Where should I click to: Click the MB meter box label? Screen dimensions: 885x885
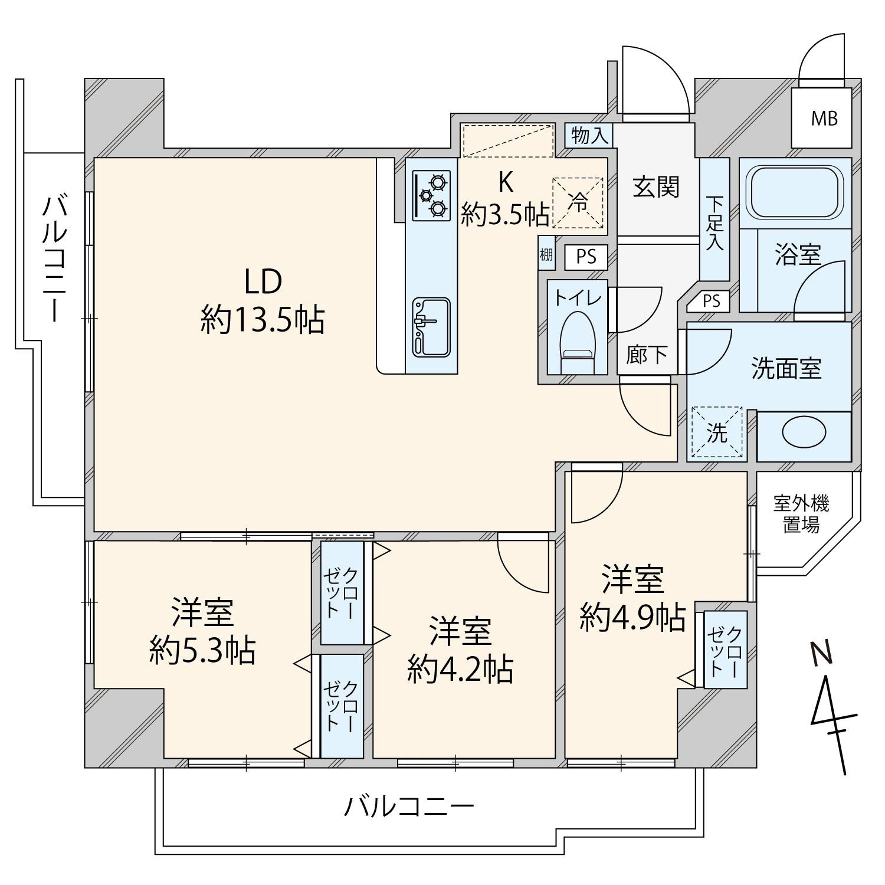click(x=824, y=119)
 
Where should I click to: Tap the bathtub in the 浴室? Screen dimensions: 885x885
click(x=795, y=192)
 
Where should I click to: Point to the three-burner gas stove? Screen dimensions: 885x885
click(x=431, y=195)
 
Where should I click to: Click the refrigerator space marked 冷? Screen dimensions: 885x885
click(x=579, y=202)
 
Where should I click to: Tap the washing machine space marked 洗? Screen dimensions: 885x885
click(x=717, y=432)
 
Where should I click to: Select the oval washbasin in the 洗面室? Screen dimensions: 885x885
click(x=803, y=432)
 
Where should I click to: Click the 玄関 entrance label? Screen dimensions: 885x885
click(x=656, y=187)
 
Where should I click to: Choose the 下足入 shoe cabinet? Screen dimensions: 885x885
click(x=714, y=219)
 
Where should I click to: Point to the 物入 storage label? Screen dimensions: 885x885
click(x=589, y=136)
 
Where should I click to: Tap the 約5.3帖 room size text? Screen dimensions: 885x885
click(x=202, y=651)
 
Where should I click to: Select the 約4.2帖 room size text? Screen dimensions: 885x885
click(x=460, y=669)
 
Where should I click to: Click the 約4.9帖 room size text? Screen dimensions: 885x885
click(x=632, y=617)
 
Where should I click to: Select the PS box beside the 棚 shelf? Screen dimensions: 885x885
click(x=586, y=257)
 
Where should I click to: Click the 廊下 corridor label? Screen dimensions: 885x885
click(x=647, y=355)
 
